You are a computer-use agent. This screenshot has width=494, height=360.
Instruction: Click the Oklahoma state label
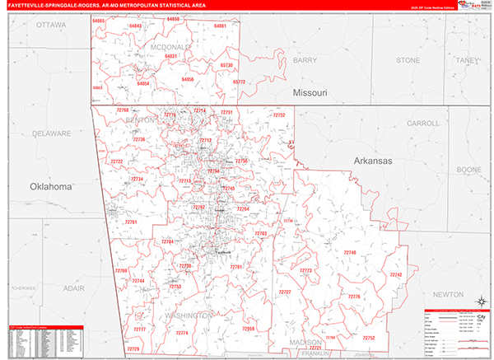point(52,187)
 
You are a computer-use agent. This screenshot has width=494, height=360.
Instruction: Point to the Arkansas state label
point(376,160)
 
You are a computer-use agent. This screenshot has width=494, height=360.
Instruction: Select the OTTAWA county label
point(52,25)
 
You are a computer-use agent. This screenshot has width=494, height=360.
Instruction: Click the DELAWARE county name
point(51,133)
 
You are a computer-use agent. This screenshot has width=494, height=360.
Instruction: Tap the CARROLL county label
point(422,123)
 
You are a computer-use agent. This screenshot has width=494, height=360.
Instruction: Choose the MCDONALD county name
point(173,47)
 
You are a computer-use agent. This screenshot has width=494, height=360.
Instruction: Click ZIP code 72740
point(350,251)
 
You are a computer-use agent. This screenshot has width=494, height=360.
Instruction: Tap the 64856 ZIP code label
point(188,79)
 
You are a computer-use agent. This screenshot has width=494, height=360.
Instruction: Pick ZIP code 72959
point(248,329)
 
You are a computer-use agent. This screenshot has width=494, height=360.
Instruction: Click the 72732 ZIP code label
point(279,115)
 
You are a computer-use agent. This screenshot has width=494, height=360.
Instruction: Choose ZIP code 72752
point(368,338)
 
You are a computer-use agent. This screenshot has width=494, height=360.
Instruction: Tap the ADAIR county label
point(73,288)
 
